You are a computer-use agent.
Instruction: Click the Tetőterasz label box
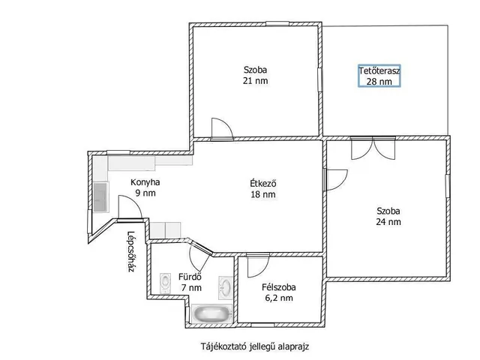click(x=379, y=76)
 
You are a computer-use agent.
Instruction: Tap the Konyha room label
click(x=145, y=182)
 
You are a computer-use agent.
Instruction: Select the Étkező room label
click(x=263, y=183)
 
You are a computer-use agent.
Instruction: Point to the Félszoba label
click(x=279, y=287)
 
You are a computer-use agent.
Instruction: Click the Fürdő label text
click(x=190, y=277)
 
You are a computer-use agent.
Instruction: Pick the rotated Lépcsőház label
click(x=130, y=252)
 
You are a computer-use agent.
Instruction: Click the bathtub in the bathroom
click(x=211, y=313)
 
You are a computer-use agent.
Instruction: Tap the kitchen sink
click(x=101, y=197)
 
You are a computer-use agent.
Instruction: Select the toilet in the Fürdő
click(x=165, y=283)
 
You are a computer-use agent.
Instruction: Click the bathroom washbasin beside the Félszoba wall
click(x=226, y=288)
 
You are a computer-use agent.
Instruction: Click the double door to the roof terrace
click(x=373, y=148)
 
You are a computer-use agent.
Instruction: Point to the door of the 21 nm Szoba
click(x=222, y=129)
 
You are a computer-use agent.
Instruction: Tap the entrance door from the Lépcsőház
click(x=130, y=208)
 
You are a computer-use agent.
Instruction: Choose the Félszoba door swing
click(x=258, y=265)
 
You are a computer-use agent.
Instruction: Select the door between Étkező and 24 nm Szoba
click(x=337, y=180)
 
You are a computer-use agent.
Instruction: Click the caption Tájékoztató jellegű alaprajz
click(x=255, y=346)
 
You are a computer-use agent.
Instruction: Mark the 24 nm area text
click(x=388, y=222)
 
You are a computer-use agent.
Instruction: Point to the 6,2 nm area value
click(x=279, y=298)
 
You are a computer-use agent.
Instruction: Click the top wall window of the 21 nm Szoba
click(x=277, y=23)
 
